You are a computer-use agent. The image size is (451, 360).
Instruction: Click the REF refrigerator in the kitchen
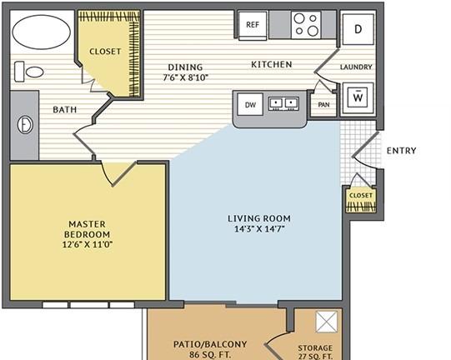point(253,25)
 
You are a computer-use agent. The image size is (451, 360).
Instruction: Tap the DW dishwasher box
point(250,105)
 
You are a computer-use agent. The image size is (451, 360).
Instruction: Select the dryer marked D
point(358,29)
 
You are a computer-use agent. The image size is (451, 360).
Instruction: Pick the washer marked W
point(358,97)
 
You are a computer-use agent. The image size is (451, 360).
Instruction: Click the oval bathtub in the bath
point(42,32)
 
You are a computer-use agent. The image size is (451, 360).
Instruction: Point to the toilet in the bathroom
point(29,72)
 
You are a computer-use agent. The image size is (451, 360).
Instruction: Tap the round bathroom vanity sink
point(25,125)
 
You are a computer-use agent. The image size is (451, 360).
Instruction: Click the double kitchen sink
point(283,103)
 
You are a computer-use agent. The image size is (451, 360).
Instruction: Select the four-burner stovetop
point(306,25)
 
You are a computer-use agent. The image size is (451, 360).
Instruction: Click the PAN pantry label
point(323,105)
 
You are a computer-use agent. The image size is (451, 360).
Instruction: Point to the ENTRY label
point(401,151)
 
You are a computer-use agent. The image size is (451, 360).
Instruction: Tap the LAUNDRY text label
point(356,67)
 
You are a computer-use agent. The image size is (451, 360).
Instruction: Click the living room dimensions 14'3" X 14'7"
point(259,229)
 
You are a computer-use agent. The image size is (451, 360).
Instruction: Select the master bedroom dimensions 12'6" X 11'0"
point(88,245)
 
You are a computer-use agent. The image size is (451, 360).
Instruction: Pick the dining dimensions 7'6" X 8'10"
point(186,77)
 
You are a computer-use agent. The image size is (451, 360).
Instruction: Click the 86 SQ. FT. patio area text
point(210,354)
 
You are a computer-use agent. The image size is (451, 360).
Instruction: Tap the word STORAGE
point(315,348)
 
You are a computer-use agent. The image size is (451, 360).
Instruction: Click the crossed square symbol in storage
point(327,322)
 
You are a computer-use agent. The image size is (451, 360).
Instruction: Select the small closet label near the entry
point(361,196)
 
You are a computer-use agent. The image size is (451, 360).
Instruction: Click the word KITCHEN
point(272,64)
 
